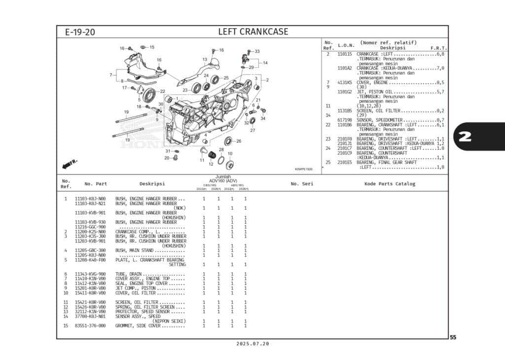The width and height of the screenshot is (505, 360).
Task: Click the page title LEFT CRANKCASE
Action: coord(253,32)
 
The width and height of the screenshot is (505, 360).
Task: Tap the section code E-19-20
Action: coord(80,33)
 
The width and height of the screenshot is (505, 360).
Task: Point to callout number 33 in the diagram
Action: coord(257,51)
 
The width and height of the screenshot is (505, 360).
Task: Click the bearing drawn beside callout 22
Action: coord(150,93)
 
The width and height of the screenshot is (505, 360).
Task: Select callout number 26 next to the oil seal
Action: coord(239,141)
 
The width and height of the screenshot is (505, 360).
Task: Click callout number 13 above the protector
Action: coord(205,59)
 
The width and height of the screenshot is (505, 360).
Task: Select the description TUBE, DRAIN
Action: coord(129,274)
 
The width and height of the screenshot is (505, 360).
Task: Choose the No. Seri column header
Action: coord(302,184)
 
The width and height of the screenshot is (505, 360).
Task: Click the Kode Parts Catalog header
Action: coord(390,184)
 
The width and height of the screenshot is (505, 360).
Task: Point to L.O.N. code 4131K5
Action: coord(344,82)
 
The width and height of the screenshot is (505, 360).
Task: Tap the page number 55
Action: coord(453,338)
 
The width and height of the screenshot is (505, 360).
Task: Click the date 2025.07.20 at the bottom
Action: coord(252,344)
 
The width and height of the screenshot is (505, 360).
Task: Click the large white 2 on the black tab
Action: coord(465,137)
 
